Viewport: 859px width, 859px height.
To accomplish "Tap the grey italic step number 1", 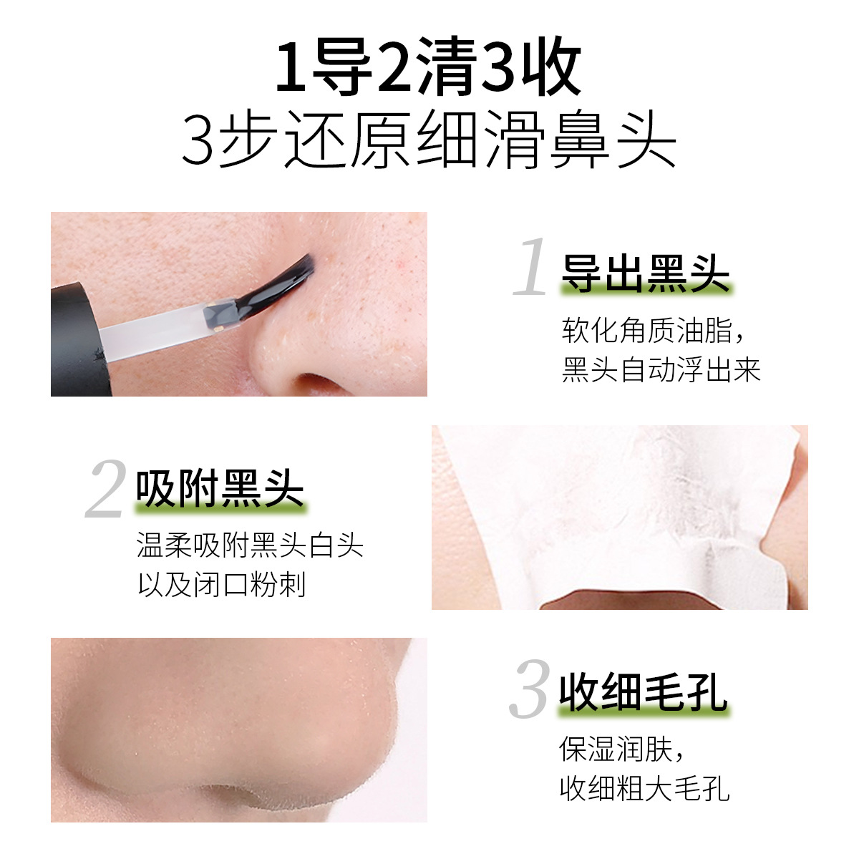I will point(531,268).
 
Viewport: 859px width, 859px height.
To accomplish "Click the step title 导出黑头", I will point(645,273).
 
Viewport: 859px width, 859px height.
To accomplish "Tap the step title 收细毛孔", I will point(643,692).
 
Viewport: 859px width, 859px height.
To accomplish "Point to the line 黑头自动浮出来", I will point(661,370).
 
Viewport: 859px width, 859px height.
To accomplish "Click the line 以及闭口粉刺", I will point(222,585).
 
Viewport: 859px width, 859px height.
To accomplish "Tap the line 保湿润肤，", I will point(623,749).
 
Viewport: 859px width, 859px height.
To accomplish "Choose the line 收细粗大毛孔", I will point(644,789).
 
